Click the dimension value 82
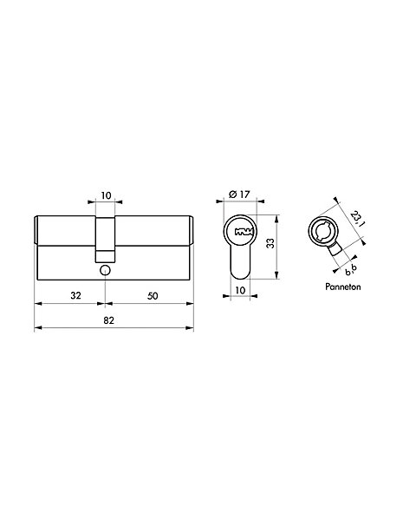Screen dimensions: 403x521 109,320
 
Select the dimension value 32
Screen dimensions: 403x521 75,295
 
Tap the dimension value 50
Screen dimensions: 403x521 153,296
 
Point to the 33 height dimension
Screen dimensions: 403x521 271,243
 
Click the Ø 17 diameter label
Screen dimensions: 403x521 239,194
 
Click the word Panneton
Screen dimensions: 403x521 342,287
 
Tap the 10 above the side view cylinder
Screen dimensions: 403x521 106,195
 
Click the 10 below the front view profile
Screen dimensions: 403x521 240,290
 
